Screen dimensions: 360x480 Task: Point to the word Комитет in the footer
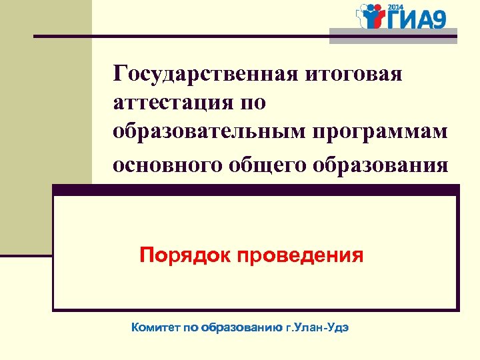(154, 328)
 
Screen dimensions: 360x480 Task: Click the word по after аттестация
(252, 103)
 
